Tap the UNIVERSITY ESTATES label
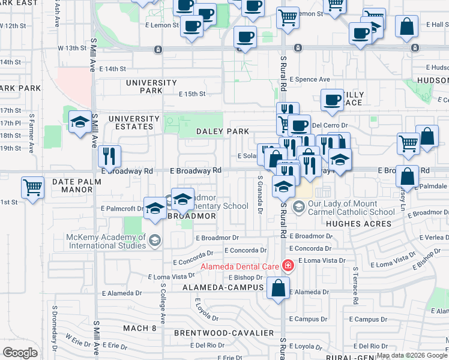coord(134,122)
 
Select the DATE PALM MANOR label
coord(80,185)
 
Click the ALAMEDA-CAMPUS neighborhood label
coord(224,288)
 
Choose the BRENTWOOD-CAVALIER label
coord(224,332)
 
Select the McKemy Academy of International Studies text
coord(107,241)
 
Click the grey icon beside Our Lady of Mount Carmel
coord(298,207)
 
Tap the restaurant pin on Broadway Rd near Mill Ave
coord(109,157)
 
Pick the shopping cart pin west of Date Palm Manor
coord(33,187)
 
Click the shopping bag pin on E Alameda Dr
coord(279,288)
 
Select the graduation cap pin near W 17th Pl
coord(80,123)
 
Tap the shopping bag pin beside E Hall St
coord(407,26)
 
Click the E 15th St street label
coord(192,94)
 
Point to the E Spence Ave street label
coord(310,79)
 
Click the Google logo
coord(20,353)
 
